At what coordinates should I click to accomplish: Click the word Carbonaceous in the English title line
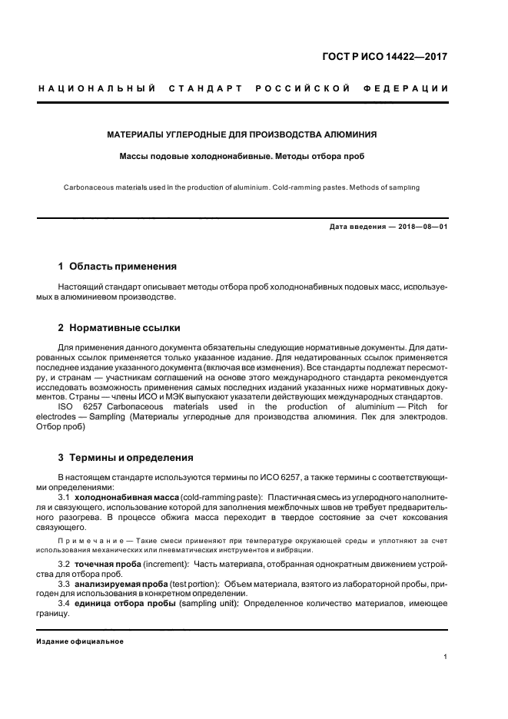86,186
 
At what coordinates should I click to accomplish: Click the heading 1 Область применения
118,267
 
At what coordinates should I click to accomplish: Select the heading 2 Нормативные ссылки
119,327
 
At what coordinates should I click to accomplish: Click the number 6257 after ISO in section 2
90,406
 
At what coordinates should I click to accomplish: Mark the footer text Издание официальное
79,641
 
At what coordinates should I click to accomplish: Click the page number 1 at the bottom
446,657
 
